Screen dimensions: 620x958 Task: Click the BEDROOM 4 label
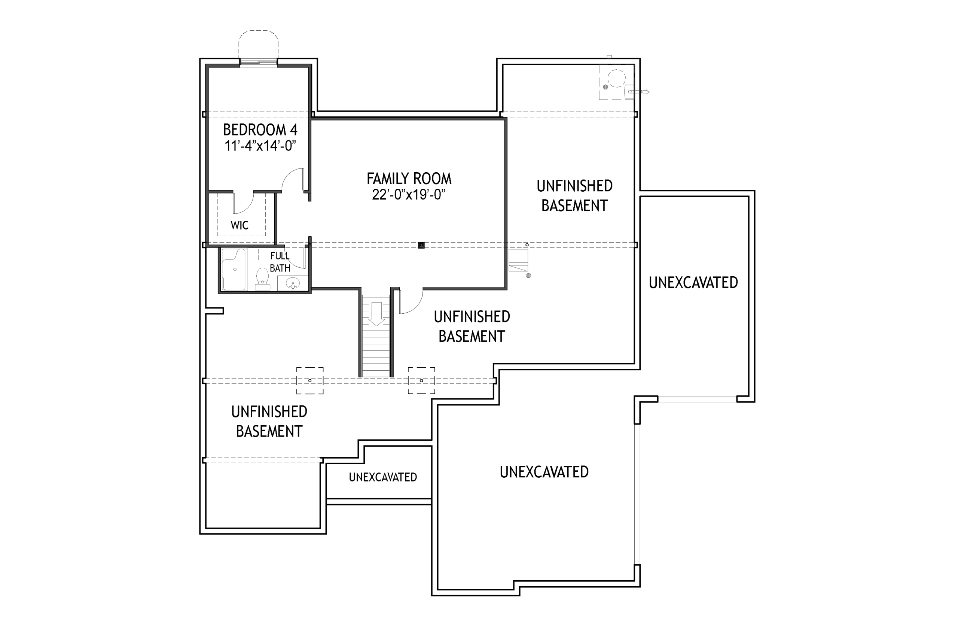260,130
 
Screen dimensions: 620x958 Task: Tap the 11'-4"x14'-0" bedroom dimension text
260,146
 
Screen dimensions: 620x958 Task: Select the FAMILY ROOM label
409,178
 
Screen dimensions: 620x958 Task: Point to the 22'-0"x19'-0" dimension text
409,195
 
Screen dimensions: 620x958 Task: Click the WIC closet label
239,225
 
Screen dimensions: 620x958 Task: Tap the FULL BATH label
280,262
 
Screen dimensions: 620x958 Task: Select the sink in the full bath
293,284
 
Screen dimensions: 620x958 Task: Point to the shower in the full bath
234,269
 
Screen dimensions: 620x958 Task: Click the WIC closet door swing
242,203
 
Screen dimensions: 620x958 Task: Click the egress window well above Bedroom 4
258,45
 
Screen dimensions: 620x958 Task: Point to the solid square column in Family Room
421,245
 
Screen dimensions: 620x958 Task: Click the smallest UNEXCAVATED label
382,477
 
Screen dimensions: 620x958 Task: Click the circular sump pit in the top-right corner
616,78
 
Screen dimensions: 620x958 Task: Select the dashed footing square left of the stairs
310,380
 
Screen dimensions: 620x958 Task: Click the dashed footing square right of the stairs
421,380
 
